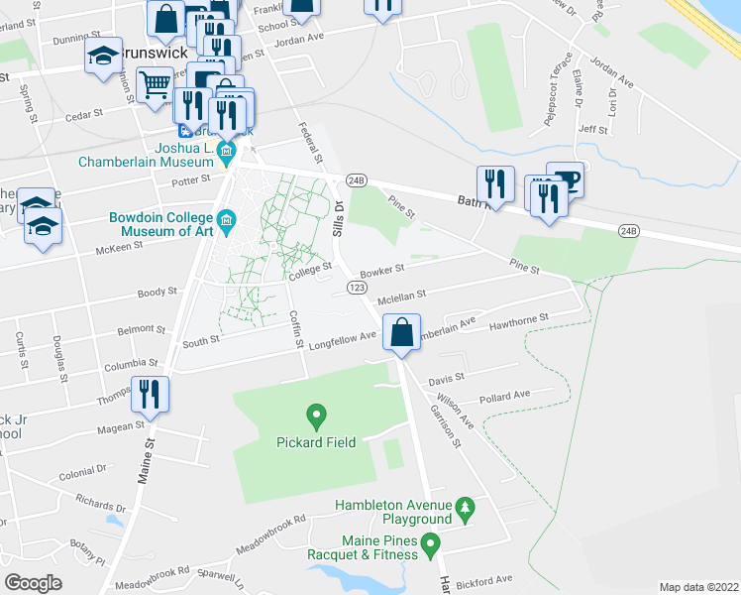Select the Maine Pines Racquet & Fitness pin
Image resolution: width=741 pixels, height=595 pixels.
[x=429, y=543]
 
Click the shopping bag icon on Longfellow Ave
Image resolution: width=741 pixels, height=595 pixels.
[x=401, y=332]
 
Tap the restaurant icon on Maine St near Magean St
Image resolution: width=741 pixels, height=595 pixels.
[x=150, y=394]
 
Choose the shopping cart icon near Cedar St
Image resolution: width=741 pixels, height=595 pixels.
[x=154, y=86]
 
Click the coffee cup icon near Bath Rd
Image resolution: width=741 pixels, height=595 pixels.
[x=565, y=180]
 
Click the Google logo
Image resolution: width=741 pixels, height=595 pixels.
[x=34, y=581]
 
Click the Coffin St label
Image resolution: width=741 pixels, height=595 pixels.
[x=295, y=327]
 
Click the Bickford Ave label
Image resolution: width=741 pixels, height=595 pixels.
[x=488, y=578]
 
